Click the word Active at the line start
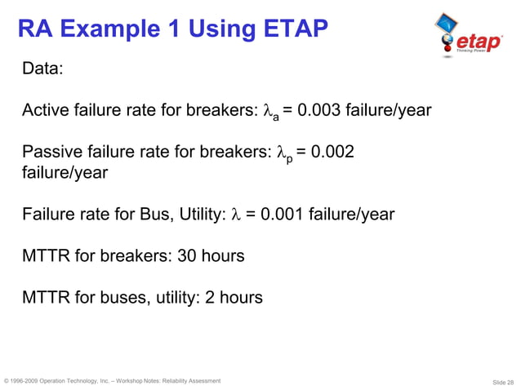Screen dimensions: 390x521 click(46, 110)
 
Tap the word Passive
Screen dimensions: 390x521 click(52, 153)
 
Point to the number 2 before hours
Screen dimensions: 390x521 click(210, 298)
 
